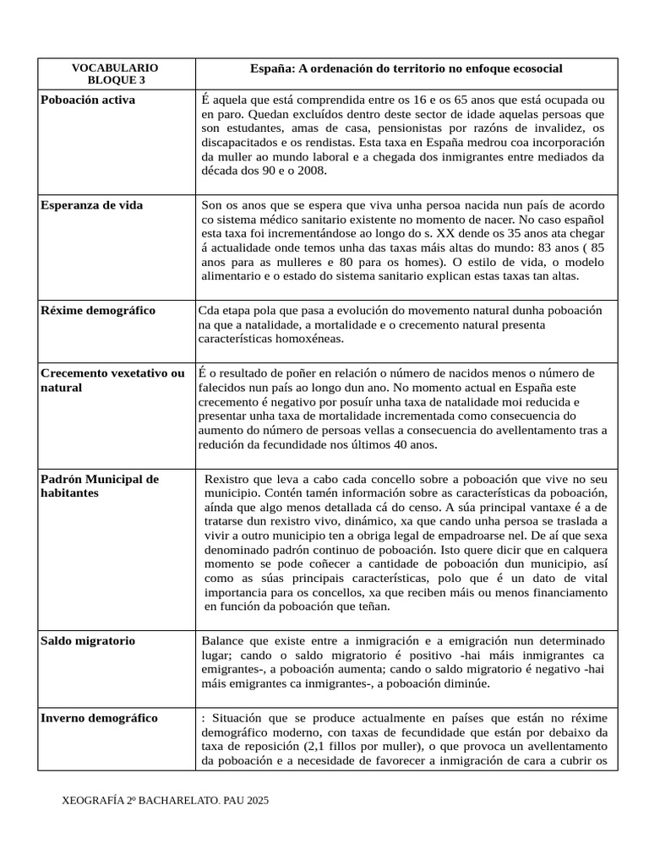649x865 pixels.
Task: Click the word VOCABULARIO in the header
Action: (x=115, y=68)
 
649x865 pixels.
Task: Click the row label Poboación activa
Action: (x=88, y=100)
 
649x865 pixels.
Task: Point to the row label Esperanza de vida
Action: (x=92, y=204)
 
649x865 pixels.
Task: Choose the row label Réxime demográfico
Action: (x=98, y=310)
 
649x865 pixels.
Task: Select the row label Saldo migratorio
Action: (x=88, y=640)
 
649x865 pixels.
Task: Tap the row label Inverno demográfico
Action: (x=99, y=717)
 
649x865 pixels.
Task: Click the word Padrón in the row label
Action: (x=62, y=479)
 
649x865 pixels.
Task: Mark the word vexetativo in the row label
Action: (x=139, y=373)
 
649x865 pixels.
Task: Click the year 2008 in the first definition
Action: (x=312, y=170)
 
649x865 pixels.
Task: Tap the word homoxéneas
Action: (x=310, y=338)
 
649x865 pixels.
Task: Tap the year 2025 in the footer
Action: (x=255, y=800)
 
